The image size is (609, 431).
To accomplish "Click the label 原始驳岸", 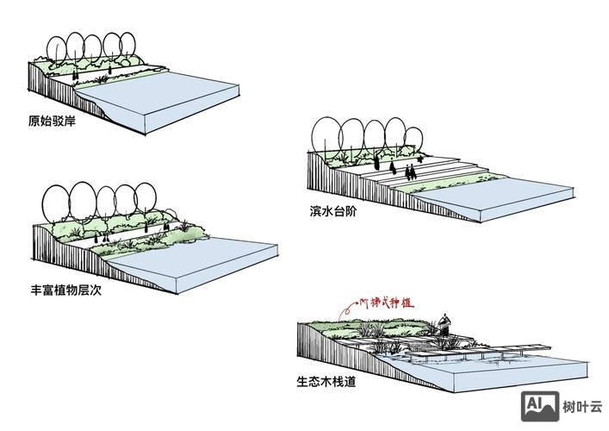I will [52, 122].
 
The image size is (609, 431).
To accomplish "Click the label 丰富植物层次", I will [66, 290].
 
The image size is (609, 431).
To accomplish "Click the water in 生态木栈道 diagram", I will [517, 366].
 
